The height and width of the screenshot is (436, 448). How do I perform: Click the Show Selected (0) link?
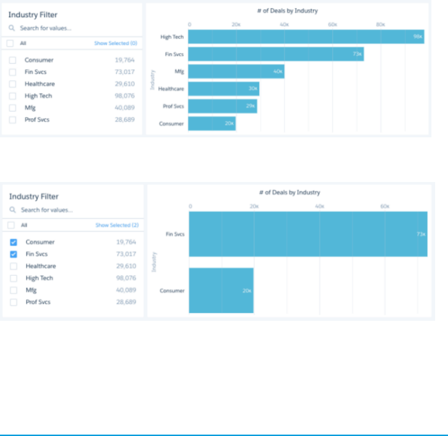tap(116, 43)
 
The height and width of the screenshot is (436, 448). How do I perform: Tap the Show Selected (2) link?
tap(117, 225)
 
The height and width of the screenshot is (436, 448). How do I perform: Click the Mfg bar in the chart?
tap(236, 71)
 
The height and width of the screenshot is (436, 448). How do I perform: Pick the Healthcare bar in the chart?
tap(223, 88)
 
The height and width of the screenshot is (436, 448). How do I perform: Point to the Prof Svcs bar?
tap(222, 106)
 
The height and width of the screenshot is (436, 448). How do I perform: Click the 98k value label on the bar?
tap(418, 37)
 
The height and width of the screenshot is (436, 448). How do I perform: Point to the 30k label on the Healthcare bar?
tap(253, 88)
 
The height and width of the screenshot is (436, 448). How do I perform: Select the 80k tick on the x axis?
tap(380, 24)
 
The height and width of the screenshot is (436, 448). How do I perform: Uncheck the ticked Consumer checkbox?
tap(13, 242)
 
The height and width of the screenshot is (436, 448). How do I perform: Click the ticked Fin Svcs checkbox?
tap(13, 254)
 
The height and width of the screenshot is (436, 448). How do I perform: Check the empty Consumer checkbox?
tap(12, 60)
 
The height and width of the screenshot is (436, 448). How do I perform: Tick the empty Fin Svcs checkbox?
tap(12, 72)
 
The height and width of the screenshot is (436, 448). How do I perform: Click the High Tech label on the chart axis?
tap(172, 37)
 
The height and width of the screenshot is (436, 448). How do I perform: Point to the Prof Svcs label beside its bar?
tap(173, 106)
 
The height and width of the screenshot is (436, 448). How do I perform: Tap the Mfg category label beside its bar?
tap(179, 71)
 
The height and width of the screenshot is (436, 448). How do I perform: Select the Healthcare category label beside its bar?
tap(171, 88)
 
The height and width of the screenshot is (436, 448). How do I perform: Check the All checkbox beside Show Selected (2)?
tap(12, 225)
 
